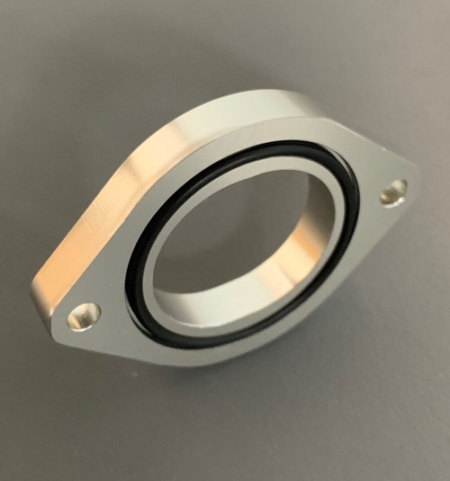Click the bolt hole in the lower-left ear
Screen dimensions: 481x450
point(84,316)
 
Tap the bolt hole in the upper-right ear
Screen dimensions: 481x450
point(393,192)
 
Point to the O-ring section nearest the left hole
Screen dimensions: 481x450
point(130,288)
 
